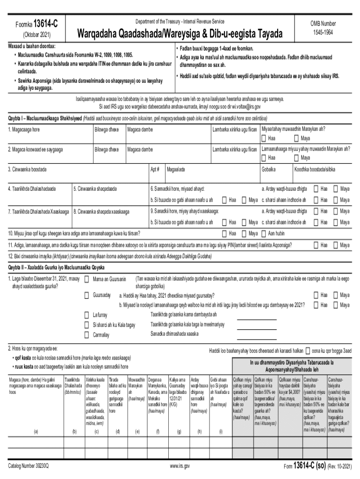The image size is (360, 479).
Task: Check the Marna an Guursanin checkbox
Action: click(86, 279)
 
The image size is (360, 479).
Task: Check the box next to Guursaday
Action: click(86, 295)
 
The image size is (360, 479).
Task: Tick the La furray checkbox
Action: click(86, 315)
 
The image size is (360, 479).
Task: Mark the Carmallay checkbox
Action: click(86, 334)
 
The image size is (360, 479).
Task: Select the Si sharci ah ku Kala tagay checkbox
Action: click(86, 325)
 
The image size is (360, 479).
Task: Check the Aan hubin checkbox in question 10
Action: click(265, 233)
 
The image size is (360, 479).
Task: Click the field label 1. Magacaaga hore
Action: click(24, 129)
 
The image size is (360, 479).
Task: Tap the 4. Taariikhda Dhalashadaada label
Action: click(32, 189)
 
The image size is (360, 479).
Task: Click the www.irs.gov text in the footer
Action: click(180, 466)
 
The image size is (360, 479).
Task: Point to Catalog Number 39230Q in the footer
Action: click(32, 466)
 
